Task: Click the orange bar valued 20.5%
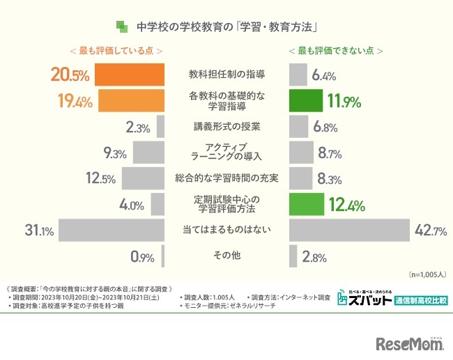pyautogui.click(x=129, y=75)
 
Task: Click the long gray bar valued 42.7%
pyautogui.click(x=349, y=230)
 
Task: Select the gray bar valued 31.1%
pyautogui.click(x=112, y=230)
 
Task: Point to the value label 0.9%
pyautogui.click(x=142, y=256)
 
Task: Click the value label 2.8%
pyautogui.click(x=314, y=257)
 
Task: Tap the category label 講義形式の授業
pyautogui.click(x=227, y=127)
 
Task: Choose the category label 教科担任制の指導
pyautogui.click(x=227, y=74)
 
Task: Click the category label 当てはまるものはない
pyautogui.click(x=227, y=230)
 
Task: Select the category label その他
pyautogui.click(x=227, y=256)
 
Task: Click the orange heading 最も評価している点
pyautogui.click(x=116, y=51)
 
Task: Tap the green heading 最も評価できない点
pyautogui.click(x=336, y=51)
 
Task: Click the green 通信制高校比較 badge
pyautogui.click(x=420, y=301)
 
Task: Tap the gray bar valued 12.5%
pyautogui.click(x=142, y=178)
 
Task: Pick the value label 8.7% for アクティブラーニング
pyautogui.click(x=329, y=152)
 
